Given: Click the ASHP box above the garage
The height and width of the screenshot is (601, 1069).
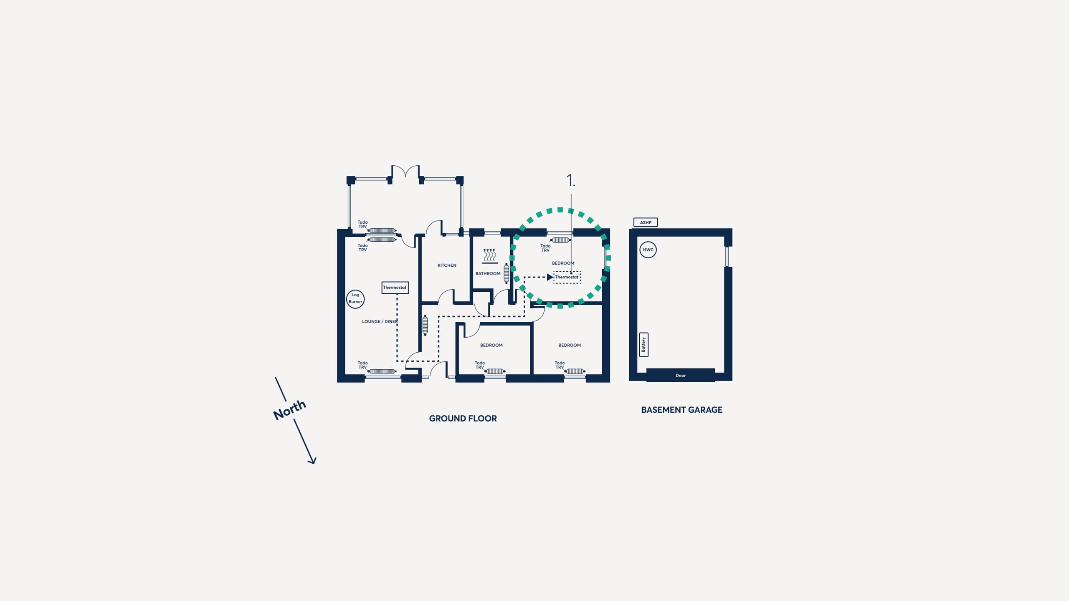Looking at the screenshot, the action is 646,222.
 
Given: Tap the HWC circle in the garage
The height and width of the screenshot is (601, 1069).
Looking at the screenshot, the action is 648,250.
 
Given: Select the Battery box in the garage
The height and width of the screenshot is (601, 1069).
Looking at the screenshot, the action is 643,345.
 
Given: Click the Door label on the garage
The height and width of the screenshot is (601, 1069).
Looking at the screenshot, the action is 681,376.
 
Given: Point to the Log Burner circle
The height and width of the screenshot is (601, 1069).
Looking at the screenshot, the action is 355,299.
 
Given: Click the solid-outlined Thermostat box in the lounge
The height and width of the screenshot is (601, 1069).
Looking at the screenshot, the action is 395,288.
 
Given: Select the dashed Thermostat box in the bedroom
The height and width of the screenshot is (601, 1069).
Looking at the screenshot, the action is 567,277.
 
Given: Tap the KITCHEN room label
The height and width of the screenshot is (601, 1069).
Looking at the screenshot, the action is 447,265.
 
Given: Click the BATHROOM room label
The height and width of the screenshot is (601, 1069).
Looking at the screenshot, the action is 488,274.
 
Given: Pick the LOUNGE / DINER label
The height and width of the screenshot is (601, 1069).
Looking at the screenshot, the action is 380,322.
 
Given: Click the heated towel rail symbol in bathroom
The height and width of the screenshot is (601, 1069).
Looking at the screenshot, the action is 490,256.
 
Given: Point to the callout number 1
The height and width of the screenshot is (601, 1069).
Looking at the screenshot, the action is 570,181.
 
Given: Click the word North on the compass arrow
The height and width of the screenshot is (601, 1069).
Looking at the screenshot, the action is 289,410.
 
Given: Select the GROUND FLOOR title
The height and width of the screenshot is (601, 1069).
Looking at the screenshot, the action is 463,419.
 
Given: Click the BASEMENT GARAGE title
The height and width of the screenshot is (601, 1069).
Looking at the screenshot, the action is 682,410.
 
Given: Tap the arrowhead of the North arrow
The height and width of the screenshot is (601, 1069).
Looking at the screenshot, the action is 313,461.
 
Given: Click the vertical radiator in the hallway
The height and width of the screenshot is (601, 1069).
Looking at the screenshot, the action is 425,326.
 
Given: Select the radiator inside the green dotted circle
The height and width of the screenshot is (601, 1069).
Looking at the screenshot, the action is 560,240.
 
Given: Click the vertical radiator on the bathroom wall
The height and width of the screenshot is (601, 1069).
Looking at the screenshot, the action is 507,273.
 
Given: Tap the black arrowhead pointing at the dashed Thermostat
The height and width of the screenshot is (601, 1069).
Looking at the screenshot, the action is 550,277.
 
